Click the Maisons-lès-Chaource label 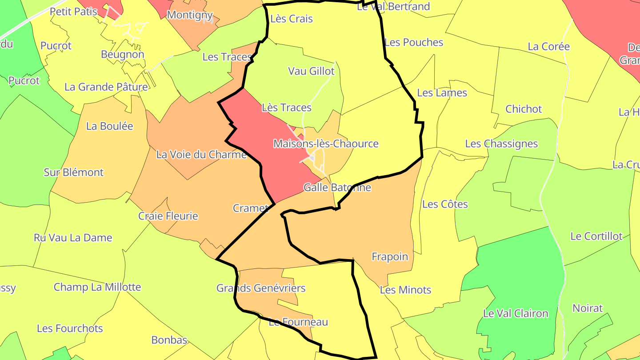click(x=326, y=144)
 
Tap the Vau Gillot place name click(x=311, y=71)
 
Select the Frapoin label click(x=390, y=256)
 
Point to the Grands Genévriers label click(x=261, y=288)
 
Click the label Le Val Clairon click(x=516, y=313)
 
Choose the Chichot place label click(x=524, y=109)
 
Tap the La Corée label click(x=548, y=46)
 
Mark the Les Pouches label click(x=414, y=42)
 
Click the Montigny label click(x=190, y=15)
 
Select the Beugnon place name click(x=123, y=54)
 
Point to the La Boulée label click(x=110, y=126)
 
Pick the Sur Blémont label click(x=73, y=172)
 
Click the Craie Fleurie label click(x=168, y=216)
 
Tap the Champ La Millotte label click(x=97, y=287)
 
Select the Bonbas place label click(x=169, y=340)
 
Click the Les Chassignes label click(x=501, y=144)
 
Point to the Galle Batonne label click(x=337, y=187)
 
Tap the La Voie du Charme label click(x=201, y=154)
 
